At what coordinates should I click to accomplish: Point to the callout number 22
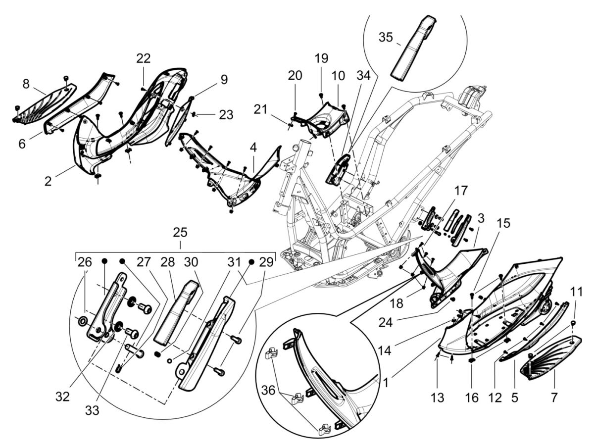click(x=144, y=58)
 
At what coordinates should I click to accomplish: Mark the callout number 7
click(x=553, y=398)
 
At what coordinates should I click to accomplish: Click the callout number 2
click(x=48, y=181)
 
